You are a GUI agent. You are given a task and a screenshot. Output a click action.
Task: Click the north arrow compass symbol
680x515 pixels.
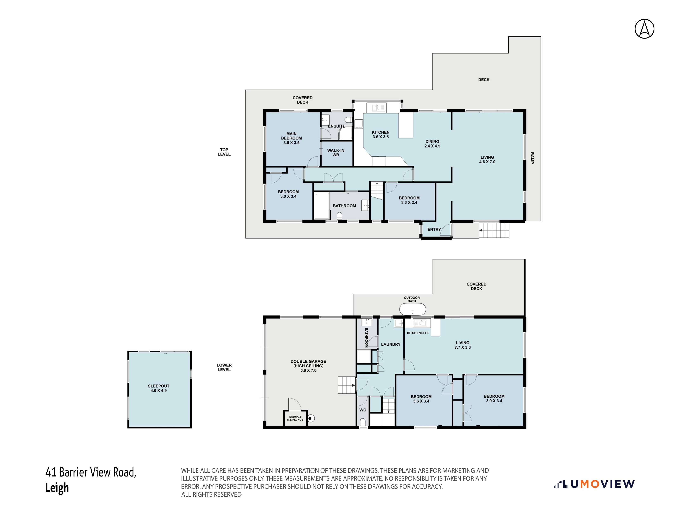tap(644, 29)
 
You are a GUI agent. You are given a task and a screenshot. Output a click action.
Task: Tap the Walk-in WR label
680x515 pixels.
tap(336, 153)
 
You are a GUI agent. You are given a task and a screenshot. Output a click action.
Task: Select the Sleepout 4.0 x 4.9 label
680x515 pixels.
tap(159, 388)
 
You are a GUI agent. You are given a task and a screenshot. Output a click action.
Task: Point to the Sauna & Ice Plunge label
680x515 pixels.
tap(295, 418)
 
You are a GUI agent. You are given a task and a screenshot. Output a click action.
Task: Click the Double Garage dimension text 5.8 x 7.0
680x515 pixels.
tap(308, 370)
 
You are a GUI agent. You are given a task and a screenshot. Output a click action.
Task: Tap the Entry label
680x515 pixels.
tap(434, 229)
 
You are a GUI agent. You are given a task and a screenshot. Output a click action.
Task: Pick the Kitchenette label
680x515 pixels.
tap(418, 333)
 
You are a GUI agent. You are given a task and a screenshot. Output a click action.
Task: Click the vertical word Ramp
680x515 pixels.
tap(532, 158)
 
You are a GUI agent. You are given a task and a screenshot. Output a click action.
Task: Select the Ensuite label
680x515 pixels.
tap(337, 126)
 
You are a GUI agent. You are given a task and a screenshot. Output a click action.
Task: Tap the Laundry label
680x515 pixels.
tap(391, 344)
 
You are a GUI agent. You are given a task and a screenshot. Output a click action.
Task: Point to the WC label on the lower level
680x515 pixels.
tap(363, 410)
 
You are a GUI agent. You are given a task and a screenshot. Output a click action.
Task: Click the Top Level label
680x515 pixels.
tap(224, 152)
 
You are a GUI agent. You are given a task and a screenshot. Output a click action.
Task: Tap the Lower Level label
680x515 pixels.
tap(224, 367)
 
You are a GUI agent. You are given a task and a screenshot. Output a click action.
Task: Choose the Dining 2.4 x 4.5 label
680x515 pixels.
tap(432, 144)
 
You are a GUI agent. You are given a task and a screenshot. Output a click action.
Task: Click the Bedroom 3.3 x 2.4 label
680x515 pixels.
tap(409, 200)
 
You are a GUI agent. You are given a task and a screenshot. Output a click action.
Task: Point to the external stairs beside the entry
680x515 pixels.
tap(494, 230)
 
